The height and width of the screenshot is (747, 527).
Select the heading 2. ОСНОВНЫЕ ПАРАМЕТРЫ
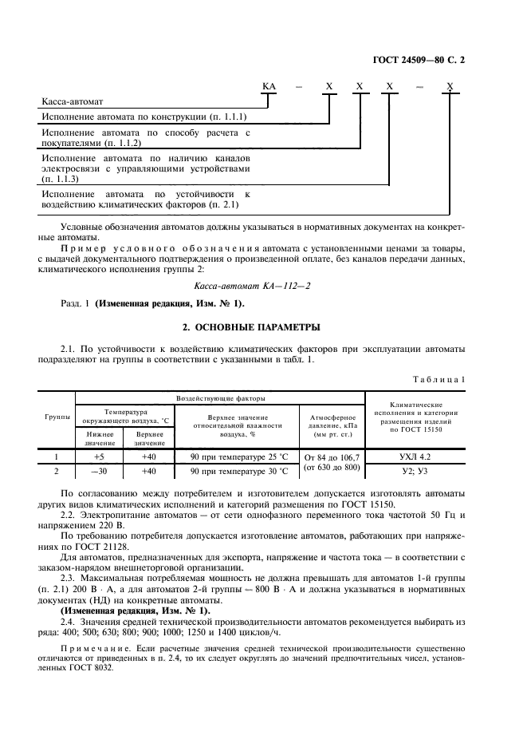click(x=262, y=327)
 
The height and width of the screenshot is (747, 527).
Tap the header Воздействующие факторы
click(x=220, y=397)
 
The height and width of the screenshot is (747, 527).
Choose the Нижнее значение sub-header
click(x=100, y=438)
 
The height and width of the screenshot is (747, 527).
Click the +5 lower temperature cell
click(x=100, y=457)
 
